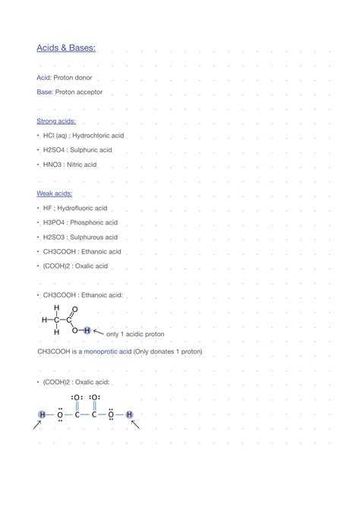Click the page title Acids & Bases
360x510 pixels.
click(x=67, y=49)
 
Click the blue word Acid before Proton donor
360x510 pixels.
click(x=44, y=78)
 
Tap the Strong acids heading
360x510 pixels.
click(x=56, y=121)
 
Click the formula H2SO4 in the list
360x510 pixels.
click(x=54, y=150)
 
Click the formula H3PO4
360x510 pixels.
click(x=54, y=222)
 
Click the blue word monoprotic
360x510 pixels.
click(x=108, y=352)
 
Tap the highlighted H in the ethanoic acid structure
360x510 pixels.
click(x=87, y=330)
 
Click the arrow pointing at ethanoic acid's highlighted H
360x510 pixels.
click(x=98, y=331)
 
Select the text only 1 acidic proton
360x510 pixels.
click(x=135, y=334)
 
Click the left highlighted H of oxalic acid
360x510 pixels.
click(x=41, y=414)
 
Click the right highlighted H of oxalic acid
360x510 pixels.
click(x=130, y=414)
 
